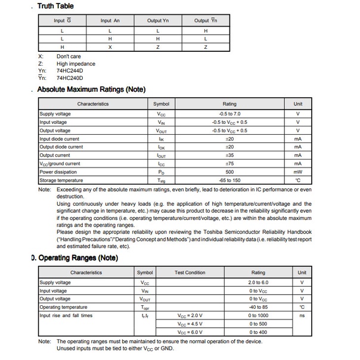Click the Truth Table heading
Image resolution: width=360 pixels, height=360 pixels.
[55, 6]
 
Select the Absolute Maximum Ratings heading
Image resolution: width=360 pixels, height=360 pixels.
[91, 89]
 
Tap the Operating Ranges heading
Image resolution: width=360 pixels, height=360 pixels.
[77, 258]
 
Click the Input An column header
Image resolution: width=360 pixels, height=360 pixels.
[110, 21]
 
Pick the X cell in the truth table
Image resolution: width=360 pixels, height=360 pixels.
[110, 46]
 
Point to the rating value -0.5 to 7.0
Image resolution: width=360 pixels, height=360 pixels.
[229, 113]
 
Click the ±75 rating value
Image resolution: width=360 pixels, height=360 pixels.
[229, 163]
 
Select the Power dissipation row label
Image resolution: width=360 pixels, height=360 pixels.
[58, 172]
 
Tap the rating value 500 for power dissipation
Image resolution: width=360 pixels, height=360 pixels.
[229, 172]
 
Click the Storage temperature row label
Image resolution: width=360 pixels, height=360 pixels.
[61, 180]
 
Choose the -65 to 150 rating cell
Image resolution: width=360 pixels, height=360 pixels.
[229, 180]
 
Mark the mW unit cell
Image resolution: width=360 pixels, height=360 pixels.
[298, 172]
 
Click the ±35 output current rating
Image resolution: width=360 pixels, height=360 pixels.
[229, 155]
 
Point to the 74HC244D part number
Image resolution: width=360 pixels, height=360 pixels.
[70, 71]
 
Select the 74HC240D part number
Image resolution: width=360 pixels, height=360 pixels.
[70, 78]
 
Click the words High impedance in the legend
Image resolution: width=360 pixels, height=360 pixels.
[76, 64]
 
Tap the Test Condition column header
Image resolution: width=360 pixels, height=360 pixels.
[190, 272]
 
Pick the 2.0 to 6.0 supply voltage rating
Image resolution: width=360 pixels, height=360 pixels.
[258, 283]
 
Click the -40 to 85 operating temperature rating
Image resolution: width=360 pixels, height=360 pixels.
[258, 307]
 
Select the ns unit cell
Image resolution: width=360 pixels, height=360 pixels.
[302, 315]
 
